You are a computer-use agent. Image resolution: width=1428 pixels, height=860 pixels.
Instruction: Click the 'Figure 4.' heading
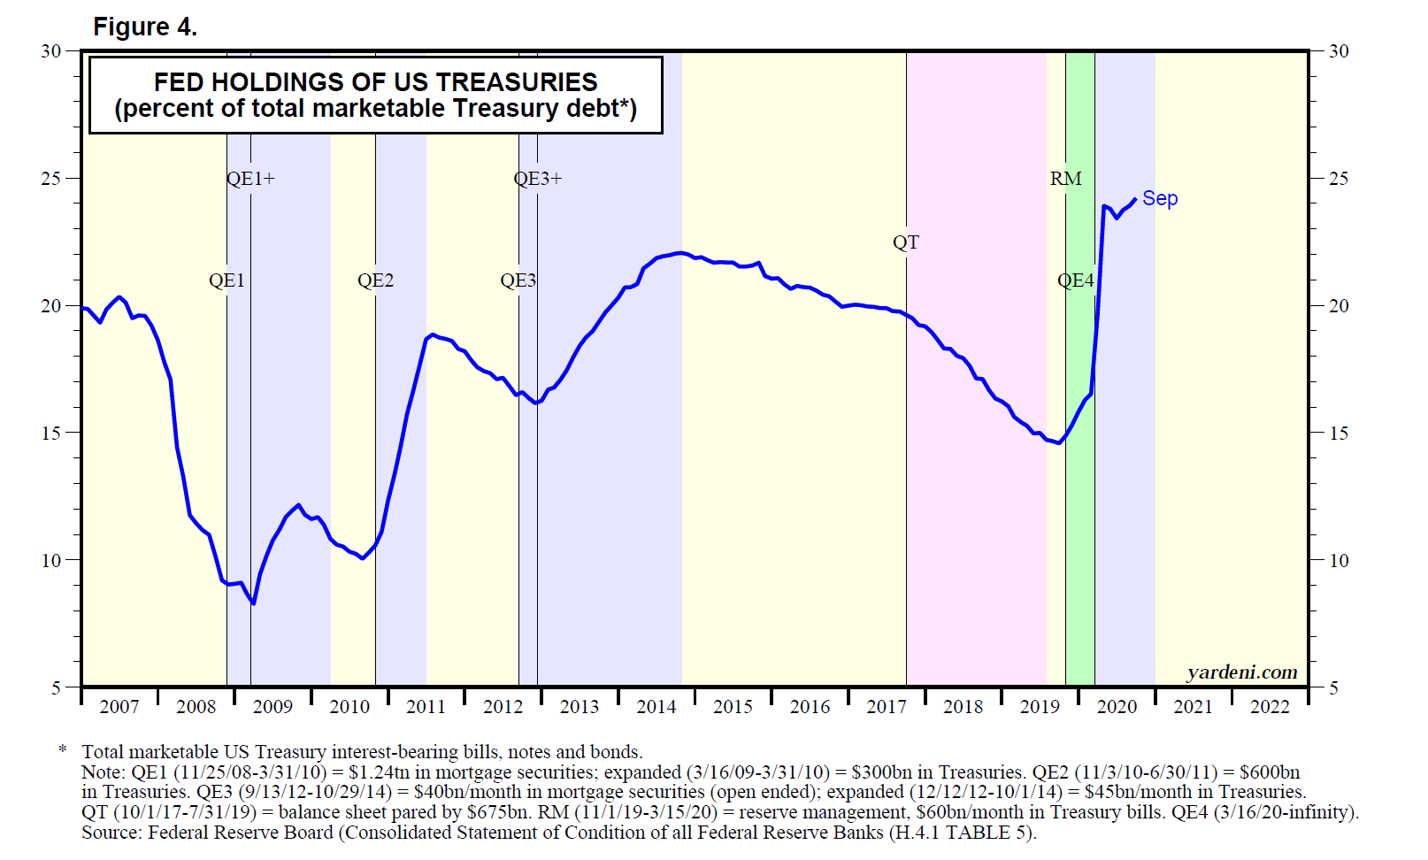145,27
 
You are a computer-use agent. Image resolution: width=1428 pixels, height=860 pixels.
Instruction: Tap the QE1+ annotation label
250,179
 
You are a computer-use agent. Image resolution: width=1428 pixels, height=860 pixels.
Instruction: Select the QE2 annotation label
375,280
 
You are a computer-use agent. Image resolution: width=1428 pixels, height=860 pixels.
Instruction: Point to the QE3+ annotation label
538,179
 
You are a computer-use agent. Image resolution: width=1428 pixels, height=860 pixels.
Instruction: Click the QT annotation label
906,242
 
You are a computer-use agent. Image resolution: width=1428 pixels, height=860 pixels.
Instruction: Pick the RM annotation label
1066,179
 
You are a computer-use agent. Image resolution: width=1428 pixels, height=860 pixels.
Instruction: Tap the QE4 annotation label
1076,280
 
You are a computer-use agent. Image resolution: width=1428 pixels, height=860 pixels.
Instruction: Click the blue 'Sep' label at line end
1160,198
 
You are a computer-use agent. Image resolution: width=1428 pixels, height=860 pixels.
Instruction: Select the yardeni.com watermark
1242,672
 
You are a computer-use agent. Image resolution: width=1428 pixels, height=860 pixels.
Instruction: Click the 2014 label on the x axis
656,707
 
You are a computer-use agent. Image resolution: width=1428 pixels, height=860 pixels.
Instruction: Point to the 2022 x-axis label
1270,707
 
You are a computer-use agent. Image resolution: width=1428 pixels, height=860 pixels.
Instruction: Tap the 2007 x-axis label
119,707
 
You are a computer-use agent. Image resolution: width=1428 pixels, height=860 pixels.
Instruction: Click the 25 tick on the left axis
51,179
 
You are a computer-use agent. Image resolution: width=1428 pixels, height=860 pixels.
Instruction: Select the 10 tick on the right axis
1339,561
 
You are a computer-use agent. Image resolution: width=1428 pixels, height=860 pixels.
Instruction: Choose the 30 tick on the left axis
51,51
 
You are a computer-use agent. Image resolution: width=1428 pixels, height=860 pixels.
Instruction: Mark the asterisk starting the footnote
63,751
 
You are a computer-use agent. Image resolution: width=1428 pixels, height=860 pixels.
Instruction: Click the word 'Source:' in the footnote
111,833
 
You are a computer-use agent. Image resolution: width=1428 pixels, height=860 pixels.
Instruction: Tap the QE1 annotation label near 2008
226,280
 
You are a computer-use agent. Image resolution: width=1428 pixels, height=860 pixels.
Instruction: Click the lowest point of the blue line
254,603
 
